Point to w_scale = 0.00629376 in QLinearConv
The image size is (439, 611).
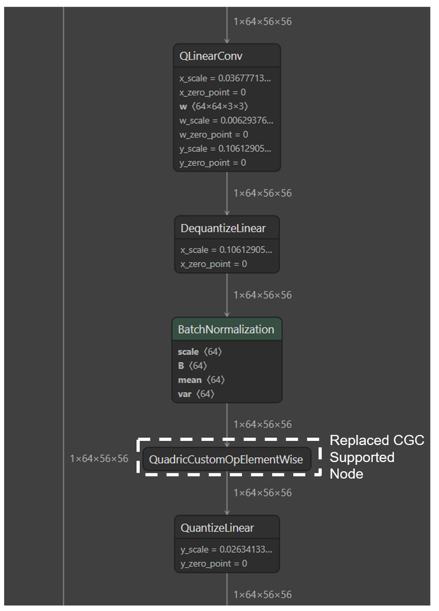226,121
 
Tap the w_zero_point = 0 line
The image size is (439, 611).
213,135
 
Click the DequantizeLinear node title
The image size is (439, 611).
223,229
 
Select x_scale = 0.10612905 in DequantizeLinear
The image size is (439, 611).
226,250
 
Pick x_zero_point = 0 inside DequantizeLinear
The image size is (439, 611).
213,264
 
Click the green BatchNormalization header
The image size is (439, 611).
226,329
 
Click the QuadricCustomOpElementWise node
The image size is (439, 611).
226,460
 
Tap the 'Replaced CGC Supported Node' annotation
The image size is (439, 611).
376,457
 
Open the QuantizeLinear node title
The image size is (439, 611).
217,528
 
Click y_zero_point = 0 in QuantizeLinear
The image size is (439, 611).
213,563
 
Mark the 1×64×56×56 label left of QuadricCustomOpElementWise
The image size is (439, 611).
99,459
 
